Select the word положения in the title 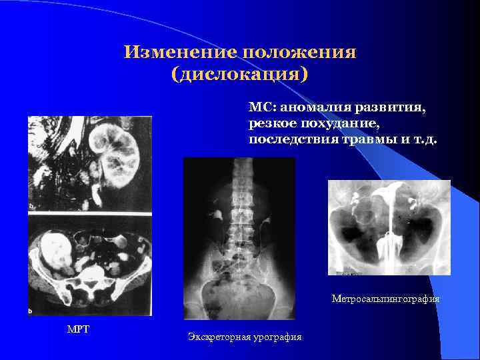pos(299,53)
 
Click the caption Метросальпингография pos(385,299)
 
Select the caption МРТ pos(77,328)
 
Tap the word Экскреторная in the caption pos(217,337)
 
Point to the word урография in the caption pos(275,337)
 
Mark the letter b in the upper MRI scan pos(31,207)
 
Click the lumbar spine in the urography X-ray pos(239,213)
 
